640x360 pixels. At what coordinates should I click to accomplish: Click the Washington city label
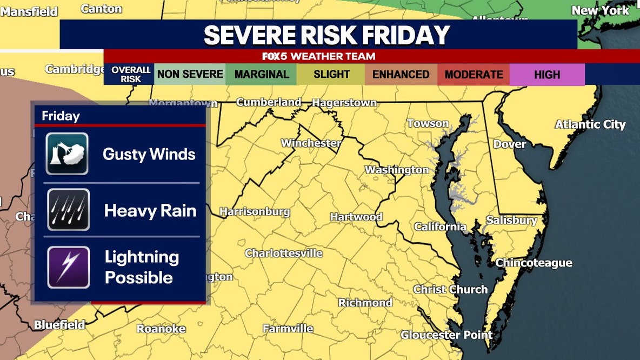(397, 170)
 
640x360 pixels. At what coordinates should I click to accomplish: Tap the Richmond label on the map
(365, 303)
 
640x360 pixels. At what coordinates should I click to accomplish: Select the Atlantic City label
(590, 125)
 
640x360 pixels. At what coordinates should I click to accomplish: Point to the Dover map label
(509, 144)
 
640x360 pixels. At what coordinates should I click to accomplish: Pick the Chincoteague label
(534, 263)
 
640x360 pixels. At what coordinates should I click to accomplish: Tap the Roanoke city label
(161, 329)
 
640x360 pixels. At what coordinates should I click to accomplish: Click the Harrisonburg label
(255, 212)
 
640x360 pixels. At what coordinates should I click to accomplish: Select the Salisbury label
(511, 221)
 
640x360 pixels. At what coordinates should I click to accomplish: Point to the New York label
(601, 10)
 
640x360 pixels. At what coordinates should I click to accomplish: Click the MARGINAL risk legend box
(262, 75)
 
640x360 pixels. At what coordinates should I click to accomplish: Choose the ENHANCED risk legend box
(401, 75)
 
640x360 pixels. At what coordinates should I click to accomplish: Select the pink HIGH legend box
(547, 75)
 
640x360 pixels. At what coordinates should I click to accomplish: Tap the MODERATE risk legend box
(474, 75)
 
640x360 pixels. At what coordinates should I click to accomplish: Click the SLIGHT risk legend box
(331, 75)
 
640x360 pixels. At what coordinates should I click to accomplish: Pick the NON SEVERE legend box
(190, 75)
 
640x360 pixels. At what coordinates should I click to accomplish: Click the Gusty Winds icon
(67, 154)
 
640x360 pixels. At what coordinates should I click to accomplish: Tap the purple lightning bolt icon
(68, 267)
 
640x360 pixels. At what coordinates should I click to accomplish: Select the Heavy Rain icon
(68, 210)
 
